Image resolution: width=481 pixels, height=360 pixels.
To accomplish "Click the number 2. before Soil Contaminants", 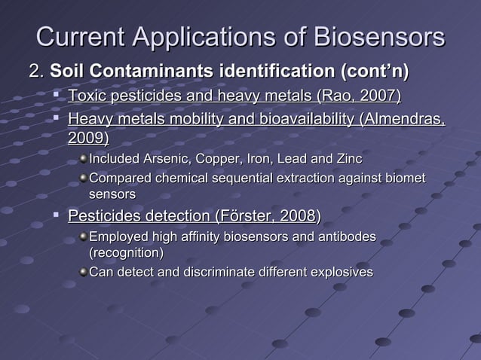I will [35, 73].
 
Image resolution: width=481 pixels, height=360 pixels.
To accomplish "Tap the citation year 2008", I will [298, 218].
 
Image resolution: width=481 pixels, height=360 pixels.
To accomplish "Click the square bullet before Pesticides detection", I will [57, 217].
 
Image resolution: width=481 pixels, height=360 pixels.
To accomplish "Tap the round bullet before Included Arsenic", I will [82, 160].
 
